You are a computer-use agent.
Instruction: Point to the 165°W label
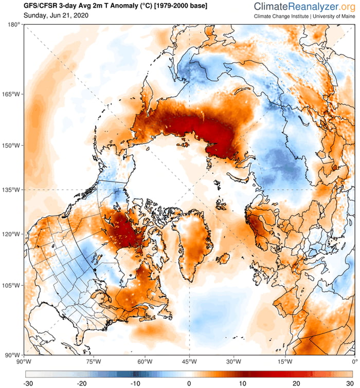[x=11, y=95]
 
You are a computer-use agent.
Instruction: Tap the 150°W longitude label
[x=11, y=145]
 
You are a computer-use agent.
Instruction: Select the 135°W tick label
[x=11, y=190]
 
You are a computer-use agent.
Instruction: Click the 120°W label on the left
[x=11, y=234]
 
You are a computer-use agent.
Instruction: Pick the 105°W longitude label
[x=11, y=286]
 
